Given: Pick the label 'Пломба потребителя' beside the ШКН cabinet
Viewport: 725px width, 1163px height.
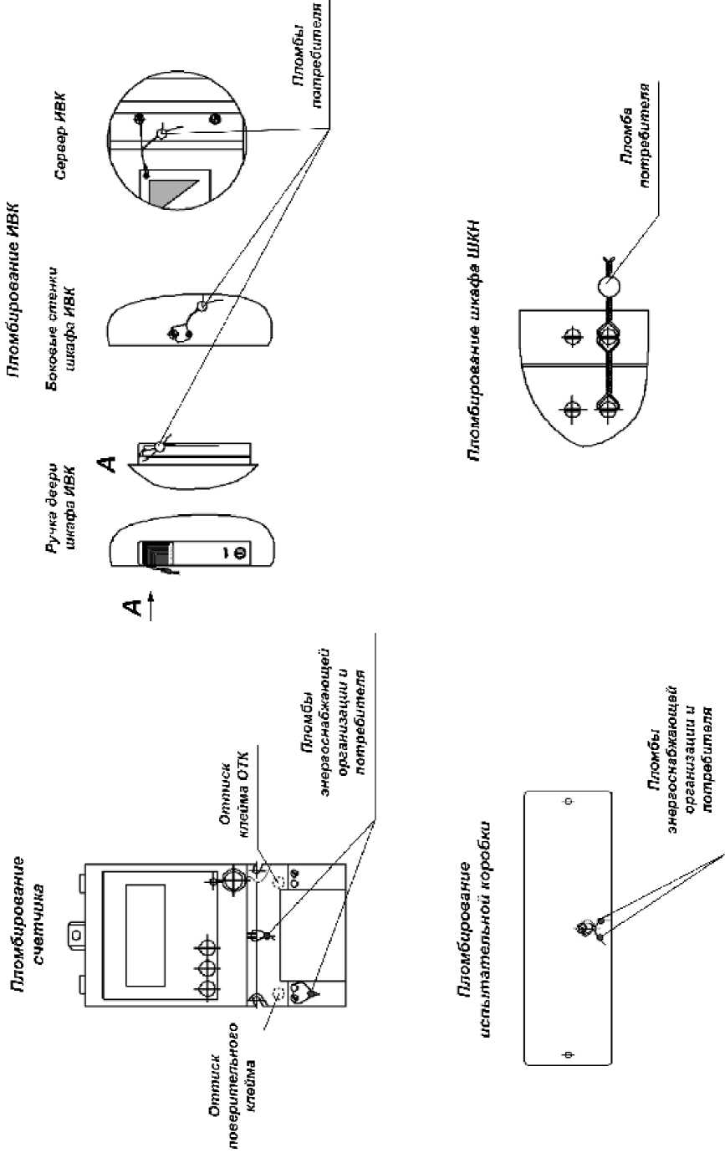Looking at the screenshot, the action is pos(636,135).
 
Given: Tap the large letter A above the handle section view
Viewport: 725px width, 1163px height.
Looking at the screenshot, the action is pos(106,464).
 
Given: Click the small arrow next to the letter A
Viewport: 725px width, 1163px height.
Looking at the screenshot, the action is pos(151,604).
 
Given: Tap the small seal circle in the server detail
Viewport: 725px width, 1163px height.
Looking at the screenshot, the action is pos(161,134).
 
